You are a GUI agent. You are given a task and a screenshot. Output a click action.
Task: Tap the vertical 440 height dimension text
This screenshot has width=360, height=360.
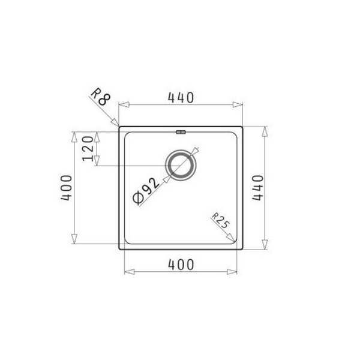[x=258, y=187]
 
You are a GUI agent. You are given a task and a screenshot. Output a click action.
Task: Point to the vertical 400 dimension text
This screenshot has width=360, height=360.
[x=66, y=188]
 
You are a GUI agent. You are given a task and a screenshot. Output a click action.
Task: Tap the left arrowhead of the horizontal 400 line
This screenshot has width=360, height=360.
[x=125, y=272]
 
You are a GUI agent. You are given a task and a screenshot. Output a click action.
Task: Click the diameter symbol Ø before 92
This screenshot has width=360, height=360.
[x=137, y=197]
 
